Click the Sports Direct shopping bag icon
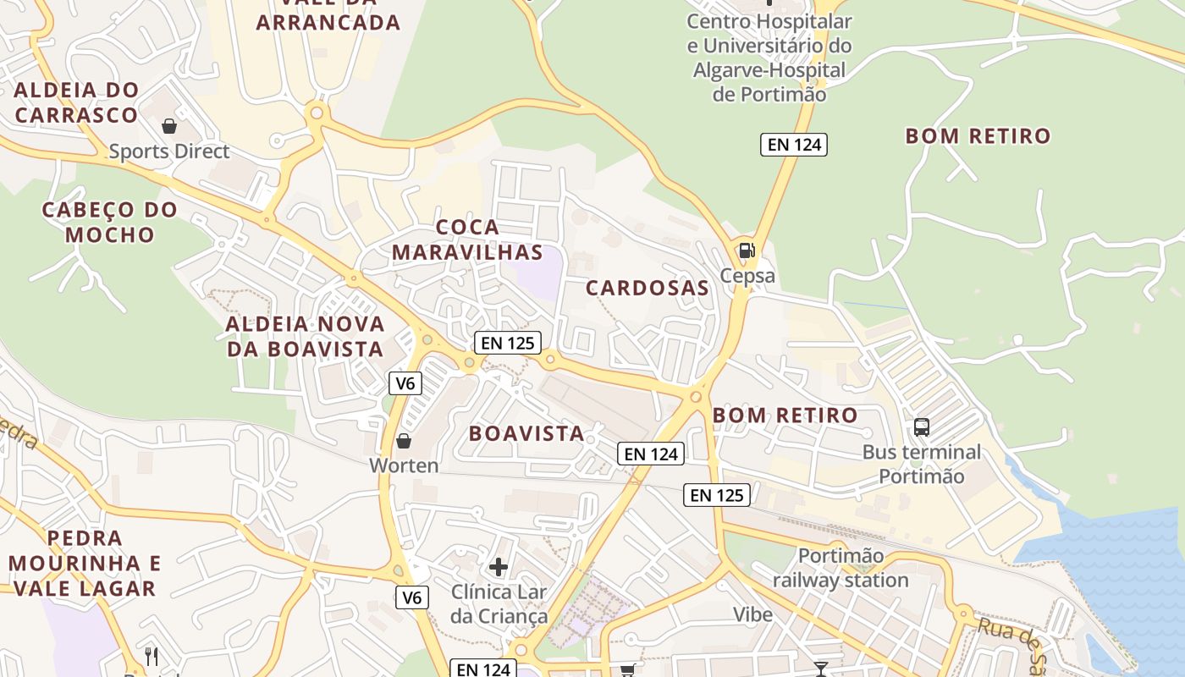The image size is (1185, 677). click(169, 126)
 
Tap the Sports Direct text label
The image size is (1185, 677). click(169, 151)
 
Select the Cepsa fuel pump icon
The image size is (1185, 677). click(747, 250)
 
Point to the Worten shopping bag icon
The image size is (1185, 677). click(404, 441)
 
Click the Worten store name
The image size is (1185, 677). click(404, 465)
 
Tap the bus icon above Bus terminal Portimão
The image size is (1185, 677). click(922, 427)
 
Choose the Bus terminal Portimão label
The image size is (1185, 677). click(922, 464)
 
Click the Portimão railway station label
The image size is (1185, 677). click(841, 568)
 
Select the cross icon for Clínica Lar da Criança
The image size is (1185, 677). click(499, 566)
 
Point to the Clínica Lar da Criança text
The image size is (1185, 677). click(499, 603)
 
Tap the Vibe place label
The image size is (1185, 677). click(752, 614)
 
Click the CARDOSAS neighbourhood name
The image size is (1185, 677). click(648, 288)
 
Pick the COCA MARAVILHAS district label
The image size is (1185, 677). click(467, 239)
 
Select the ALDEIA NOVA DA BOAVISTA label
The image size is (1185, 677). click(306, 336)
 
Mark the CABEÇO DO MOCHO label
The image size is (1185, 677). click(110, 222)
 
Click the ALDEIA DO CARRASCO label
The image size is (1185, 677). click(76, 102)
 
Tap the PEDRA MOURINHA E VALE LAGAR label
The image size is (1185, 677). click(85, 563)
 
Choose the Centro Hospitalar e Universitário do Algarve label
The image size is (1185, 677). click(769, 58)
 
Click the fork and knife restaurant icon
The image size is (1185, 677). click(152, 656)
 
